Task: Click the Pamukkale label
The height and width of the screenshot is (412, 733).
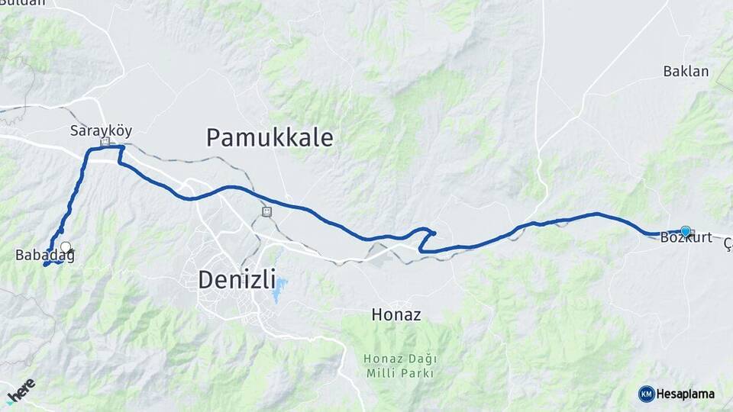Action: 270,138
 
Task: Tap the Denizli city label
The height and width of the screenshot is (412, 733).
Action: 237,279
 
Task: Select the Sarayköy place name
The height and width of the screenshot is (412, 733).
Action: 101,130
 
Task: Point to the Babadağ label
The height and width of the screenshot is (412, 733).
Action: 44,256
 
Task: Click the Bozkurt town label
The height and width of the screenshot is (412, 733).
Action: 686,238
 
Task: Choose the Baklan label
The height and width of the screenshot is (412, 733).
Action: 686,72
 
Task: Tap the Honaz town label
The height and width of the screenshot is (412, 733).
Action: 396,314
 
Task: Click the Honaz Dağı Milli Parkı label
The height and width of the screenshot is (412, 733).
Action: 399,365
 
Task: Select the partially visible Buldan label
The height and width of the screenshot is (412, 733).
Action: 23,3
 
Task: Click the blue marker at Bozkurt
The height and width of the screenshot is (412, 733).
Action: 686,230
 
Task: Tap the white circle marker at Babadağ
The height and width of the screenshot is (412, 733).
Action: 66,247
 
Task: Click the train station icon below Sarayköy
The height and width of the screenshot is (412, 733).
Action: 105,142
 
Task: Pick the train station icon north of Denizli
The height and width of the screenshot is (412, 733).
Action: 266,211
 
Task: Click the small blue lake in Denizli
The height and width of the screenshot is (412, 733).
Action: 280,288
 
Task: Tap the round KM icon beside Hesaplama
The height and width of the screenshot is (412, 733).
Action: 646,394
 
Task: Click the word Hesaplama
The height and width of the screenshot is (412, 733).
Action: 686,394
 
